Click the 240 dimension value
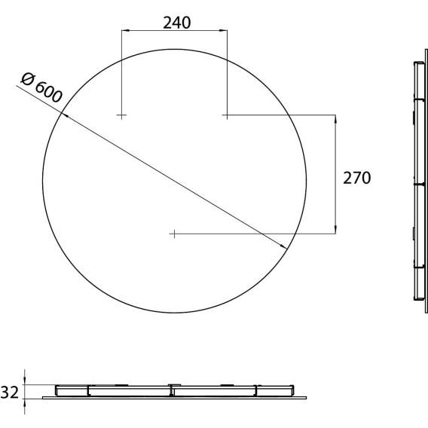pos(176,23)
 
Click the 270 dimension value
pos(356,178)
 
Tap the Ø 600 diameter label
pos(41,88)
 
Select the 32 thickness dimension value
pos(10,393)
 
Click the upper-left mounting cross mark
pos(121,115)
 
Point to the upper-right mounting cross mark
pos(227,115)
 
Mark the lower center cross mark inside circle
pos(174,234)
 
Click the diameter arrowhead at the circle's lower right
pos(283,246)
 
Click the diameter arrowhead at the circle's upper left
pos(65,115)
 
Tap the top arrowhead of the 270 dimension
pos(335,119)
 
